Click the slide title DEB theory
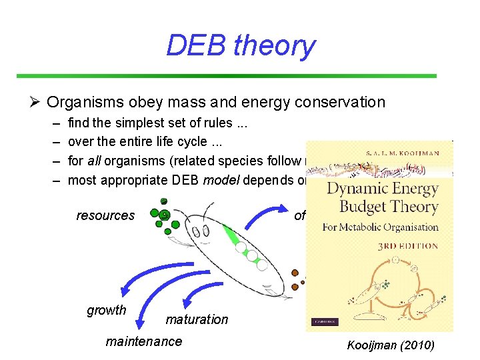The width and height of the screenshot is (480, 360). tap(240, 45)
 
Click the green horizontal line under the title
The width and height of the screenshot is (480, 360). tap(226, 76)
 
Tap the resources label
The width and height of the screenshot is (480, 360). tap(105, 215)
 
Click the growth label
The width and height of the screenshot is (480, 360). tap(107, 310)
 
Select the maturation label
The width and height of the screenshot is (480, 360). tap(197, 319)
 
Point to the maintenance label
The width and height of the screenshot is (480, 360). tap(143, 341)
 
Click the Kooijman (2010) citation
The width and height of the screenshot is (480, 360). tap(390, 345)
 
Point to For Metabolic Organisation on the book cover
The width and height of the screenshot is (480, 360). tap(381, 227)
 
